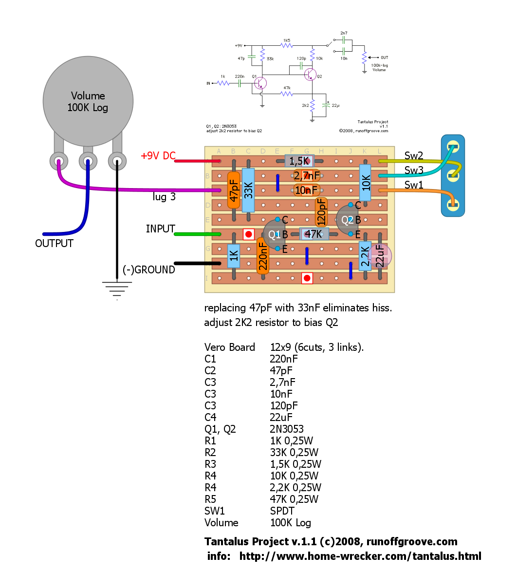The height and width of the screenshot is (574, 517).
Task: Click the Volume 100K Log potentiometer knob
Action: [88, 101]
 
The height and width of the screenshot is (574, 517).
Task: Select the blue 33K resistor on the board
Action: [248, 190]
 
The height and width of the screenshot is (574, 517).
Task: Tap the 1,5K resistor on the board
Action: [299, 161]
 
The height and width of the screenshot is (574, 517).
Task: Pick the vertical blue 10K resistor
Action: [366, 182]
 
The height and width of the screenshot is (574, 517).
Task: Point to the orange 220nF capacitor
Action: [263, 256]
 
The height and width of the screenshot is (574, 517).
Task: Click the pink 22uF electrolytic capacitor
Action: [380, 256]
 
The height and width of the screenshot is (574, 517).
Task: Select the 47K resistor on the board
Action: [314, 234]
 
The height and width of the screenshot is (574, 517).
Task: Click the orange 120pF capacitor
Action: [321, 212]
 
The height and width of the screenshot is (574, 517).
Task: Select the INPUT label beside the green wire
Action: [160, 229]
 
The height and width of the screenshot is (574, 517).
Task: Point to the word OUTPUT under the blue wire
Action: [54, 243]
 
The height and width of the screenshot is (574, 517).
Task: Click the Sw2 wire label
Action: [414, 156]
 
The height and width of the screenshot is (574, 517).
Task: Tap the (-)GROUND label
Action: [148, 270]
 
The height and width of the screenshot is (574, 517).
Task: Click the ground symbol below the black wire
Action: [117, 290]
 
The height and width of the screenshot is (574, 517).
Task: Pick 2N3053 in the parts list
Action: [287, 429]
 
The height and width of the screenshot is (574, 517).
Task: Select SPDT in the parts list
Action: [282, 511]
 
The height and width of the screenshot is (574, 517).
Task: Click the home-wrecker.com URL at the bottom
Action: [360, 556]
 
